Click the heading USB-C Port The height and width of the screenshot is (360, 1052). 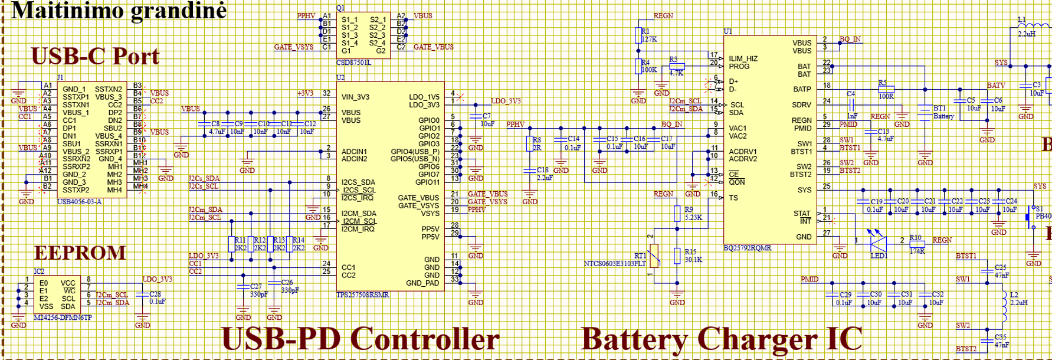pyautogui.click(x=95, y=57)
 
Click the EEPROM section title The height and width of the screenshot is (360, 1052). pyautogui.click(x=80, y=253)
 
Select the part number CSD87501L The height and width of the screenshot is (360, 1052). pyautogui.click(x=353, y=63)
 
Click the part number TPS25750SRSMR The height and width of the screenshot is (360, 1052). pyautogui.click(x=362, y=295)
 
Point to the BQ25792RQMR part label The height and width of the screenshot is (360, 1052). pyautogui.click(x=748, y=248)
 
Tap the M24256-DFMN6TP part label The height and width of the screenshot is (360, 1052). pyautogui.click(x=63, y=318)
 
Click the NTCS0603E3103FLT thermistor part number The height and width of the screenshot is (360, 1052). pyautogui.click(x=614, y=264)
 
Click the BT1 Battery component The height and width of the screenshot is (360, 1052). pyautogui.click(x=925, y=112)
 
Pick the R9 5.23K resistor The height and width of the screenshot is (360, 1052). pyautogui.click(x=677, y=213)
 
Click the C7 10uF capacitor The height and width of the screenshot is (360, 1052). pyautogui.click(x=476, y=117)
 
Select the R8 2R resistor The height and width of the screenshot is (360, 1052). pyautogui.click(x=529, y=143)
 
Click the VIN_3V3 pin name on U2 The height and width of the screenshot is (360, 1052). pyautogui.click(x=355, y=97)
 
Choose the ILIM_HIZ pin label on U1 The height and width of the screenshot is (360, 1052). pyautogui.click(x=743, y=58)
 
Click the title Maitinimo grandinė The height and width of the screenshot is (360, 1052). pyautogui.click(x=119, y=10)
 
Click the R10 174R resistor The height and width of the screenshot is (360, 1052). pyautogui.click(x=916, y=244)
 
